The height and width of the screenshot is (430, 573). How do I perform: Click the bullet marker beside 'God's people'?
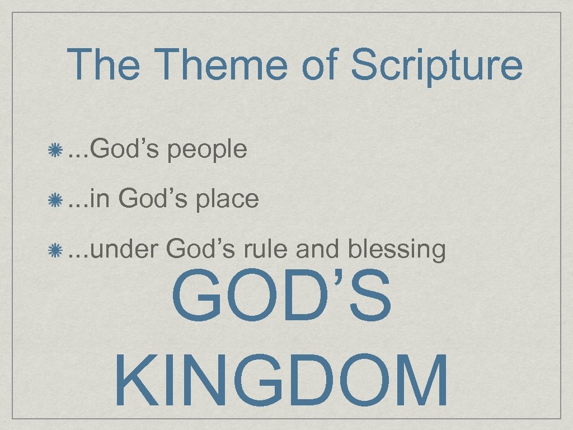(55, 150)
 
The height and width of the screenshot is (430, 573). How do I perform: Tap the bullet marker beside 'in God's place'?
(55, 199)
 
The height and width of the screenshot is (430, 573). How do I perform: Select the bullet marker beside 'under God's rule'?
(55, 249)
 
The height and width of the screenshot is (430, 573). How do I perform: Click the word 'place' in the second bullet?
(226, 199)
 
